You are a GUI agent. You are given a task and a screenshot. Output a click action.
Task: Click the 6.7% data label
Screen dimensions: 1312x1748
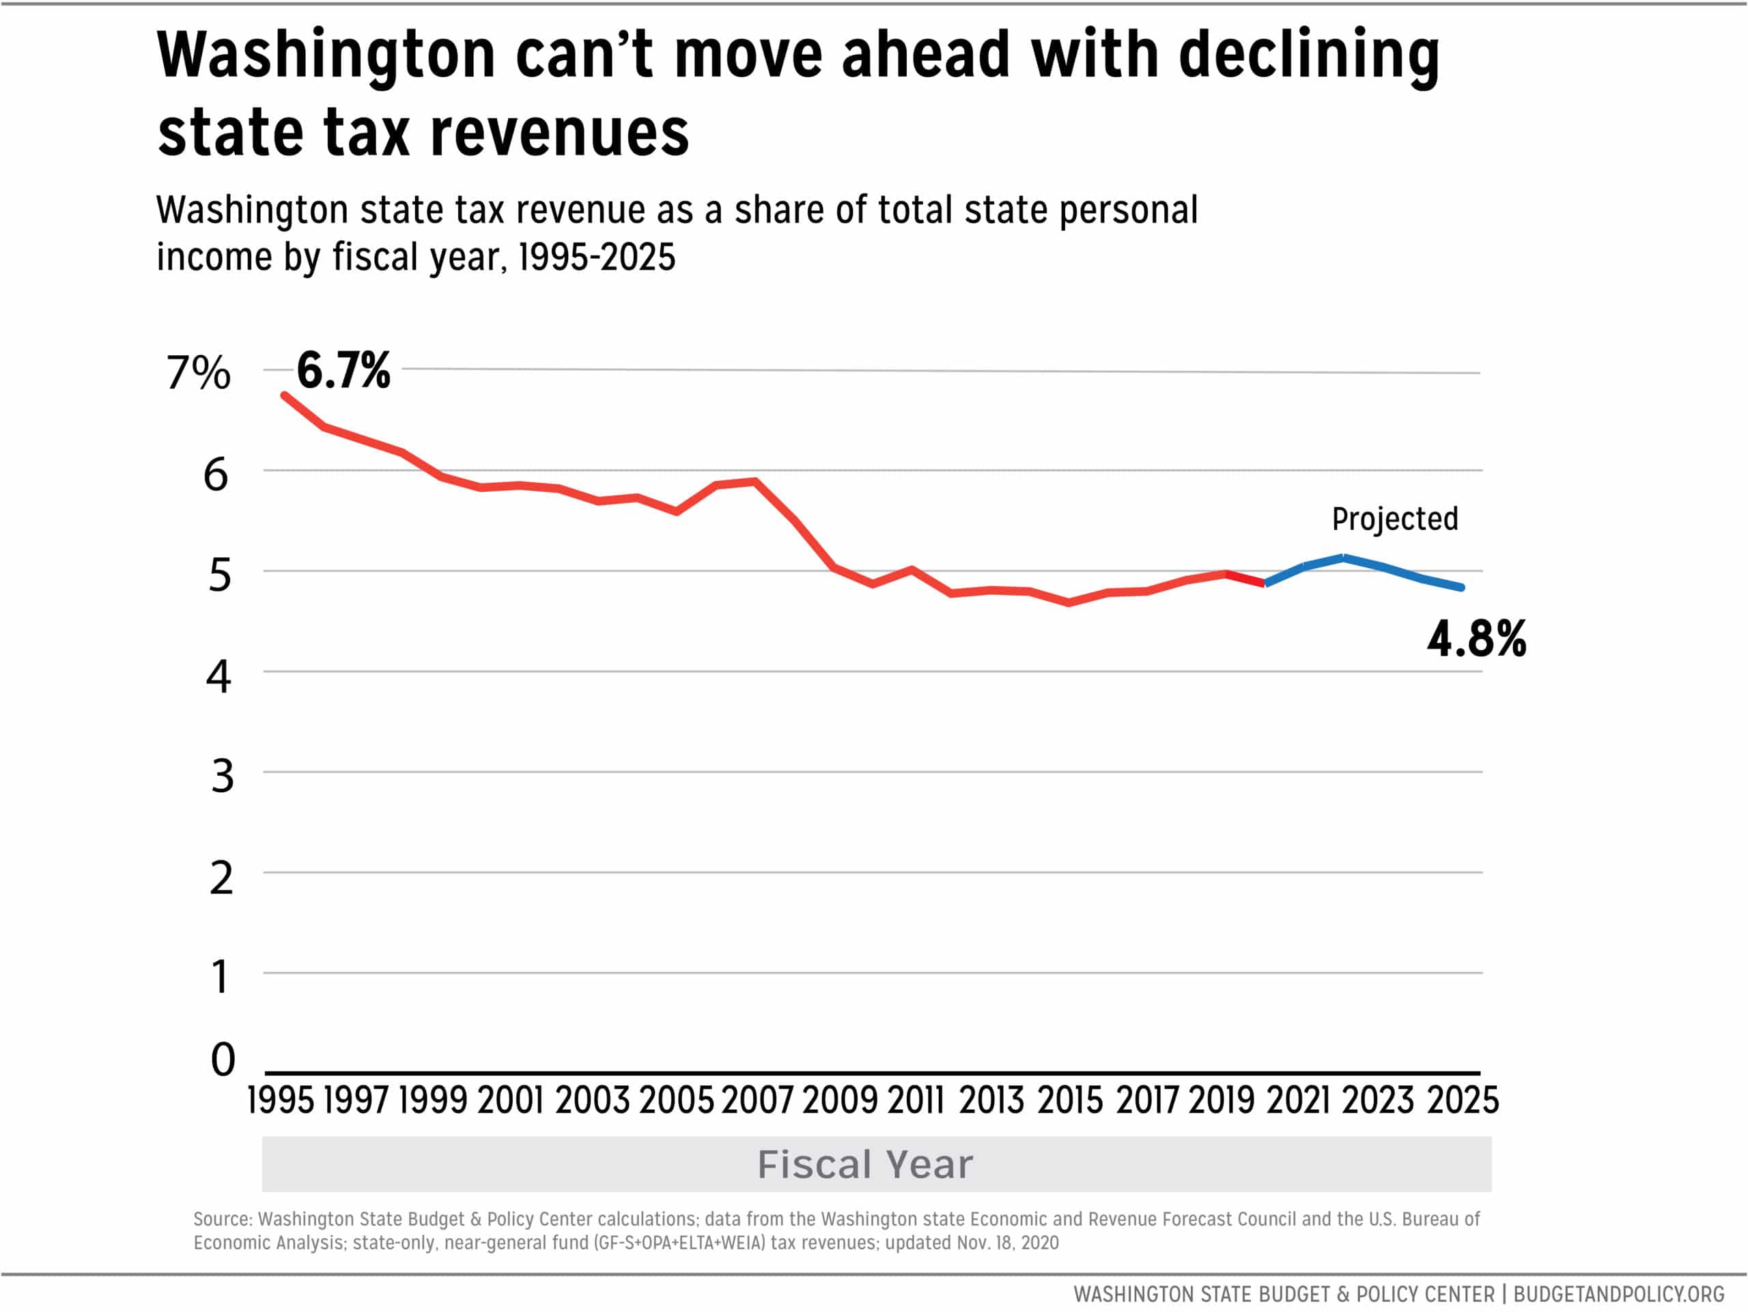click(x=343, y=370)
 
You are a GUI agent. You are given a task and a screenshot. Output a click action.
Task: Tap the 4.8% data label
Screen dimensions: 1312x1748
click(x=1476, y=639)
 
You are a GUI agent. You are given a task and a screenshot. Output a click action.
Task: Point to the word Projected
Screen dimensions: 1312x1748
click(x=1395, y=519)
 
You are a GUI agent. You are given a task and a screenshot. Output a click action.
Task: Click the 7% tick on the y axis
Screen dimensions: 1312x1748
click(x=197, y=372)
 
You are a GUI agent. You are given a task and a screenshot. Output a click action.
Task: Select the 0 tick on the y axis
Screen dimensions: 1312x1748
click(x=223, y=1059)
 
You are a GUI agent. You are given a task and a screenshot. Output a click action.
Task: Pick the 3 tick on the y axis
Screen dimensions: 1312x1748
click(x=223, y=776)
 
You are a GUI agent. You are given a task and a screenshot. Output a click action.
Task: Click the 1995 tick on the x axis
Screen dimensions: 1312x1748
click(x=281, y=1100)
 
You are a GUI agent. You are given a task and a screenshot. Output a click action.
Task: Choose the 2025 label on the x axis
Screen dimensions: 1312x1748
click(x=1462, y=1100)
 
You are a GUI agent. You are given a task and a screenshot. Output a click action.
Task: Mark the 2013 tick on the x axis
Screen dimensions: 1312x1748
click(x=991, y=1100)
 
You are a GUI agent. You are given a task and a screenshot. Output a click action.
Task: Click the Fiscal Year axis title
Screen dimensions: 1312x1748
click(x=865, y=1164)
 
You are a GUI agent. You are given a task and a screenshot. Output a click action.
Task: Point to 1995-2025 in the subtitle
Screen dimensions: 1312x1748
click(x=597, y=257)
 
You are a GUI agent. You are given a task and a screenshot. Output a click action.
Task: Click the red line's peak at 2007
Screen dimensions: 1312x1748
click(x=755, y=481)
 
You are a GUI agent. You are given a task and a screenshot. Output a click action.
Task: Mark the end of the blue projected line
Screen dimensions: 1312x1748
click(x=1461, y=587)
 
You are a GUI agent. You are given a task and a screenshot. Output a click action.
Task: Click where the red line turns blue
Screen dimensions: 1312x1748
click(x=1265, y=583)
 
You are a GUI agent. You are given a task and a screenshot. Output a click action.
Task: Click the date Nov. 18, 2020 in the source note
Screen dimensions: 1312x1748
click(x=1008, y=1242)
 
